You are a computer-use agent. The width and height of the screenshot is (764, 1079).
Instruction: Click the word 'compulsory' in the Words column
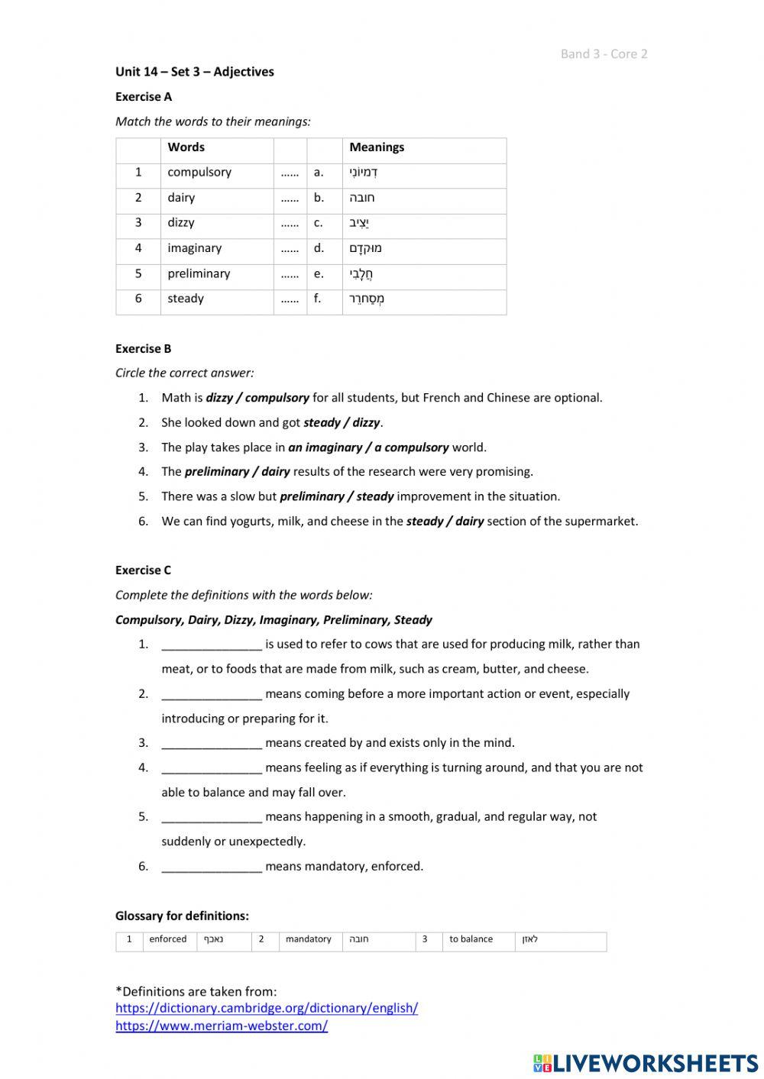199,173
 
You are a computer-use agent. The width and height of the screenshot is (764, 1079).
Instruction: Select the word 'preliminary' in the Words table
199,273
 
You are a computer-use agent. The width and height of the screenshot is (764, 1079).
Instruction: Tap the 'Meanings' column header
377,147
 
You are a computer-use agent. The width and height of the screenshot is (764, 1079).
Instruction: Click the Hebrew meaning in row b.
362,198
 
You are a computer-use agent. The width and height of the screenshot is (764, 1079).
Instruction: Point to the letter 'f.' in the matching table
318,299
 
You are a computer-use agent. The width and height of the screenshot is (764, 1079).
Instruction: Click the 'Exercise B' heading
144,348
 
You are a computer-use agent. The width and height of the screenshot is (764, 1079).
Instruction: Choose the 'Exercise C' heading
144,570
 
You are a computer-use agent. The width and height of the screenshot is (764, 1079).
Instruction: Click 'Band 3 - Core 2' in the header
604,53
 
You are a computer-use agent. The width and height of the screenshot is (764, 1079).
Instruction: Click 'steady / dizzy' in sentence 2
342,422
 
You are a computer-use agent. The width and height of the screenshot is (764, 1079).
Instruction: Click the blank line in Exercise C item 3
212,744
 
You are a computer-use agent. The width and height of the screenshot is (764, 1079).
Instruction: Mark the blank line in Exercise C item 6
212,867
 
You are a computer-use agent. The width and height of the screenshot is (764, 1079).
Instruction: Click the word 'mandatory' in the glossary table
308,939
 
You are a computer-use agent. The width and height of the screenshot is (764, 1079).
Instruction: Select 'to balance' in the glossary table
471,939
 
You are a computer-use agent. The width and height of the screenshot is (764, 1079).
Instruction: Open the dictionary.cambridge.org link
267,1008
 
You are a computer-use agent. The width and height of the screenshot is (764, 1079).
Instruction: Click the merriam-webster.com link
222,1026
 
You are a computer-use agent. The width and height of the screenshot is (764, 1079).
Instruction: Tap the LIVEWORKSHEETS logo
646,1063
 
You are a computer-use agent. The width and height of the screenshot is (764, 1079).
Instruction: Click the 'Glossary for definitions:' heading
182,916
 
